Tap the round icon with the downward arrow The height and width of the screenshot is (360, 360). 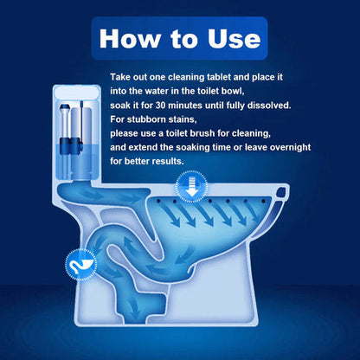[x=187, y=185]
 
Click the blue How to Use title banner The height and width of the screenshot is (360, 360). [x=180, y=39]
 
